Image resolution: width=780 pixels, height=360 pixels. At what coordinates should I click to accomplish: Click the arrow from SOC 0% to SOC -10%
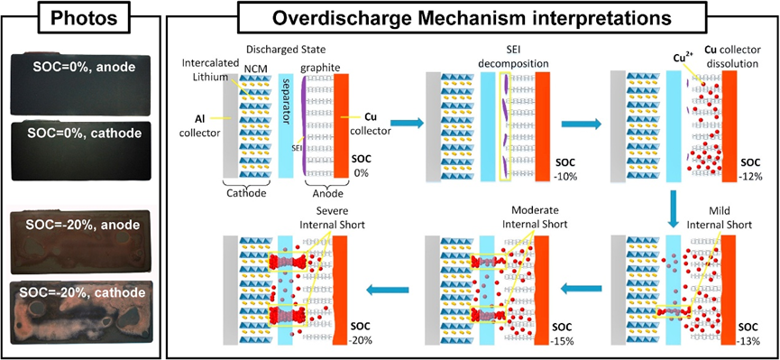pyautogui.click(x=408, y=123)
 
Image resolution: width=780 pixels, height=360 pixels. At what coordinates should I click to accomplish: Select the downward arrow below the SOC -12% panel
pyautogui.click(x=672, y=209)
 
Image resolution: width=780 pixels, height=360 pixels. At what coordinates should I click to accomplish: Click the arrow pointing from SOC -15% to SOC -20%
pyautogui.click(x=387, y=290)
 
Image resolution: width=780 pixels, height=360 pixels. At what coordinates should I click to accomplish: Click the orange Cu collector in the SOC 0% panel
pyautogui.click(x=341, y=125)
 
